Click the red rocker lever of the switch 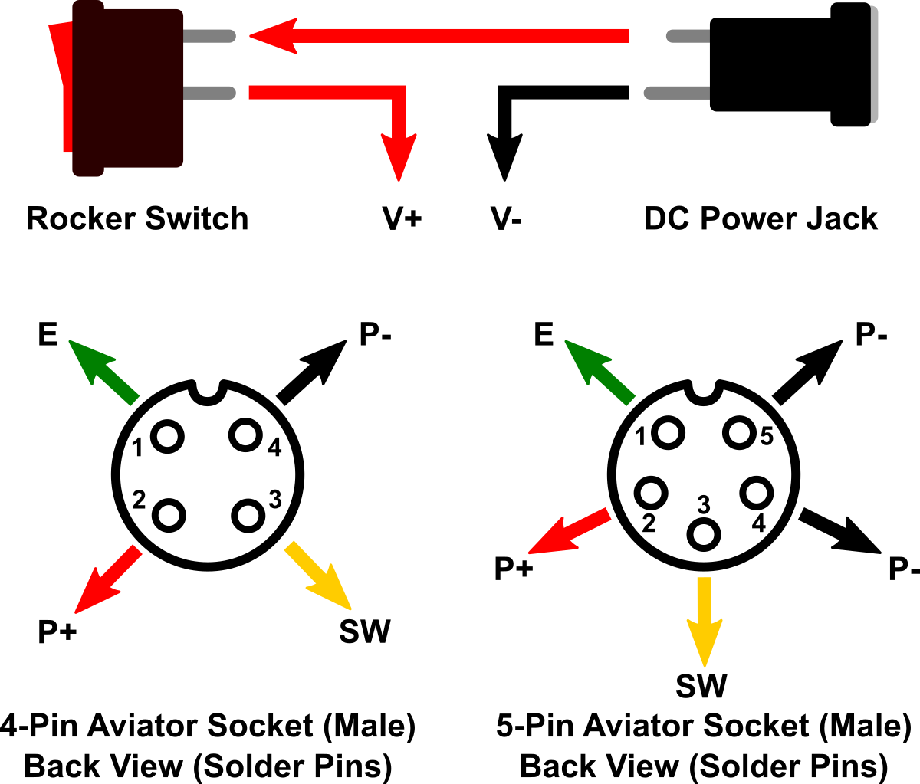64,84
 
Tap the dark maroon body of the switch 130,88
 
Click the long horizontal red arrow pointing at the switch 460,36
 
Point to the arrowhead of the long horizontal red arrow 272,36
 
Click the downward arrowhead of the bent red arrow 399,157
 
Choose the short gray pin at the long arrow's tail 688,36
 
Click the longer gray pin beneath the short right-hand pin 677,93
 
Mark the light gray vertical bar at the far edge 873,64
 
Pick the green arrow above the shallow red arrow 600,372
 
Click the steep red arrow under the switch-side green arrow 107,579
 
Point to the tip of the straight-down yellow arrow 705,665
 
